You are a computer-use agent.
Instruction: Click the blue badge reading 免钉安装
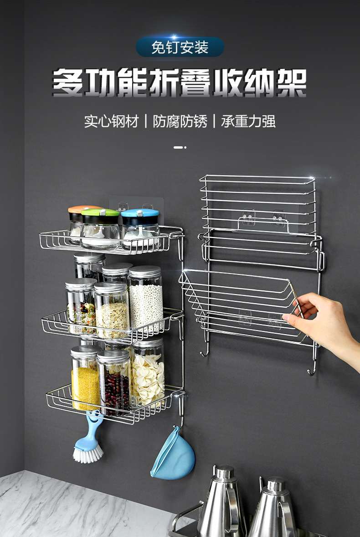click(x=180, y=47)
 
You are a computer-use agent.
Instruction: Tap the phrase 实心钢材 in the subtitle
click(x=111, y=121)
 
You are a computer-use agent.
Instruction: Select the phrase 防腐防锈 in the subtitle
click(x=180, y=121)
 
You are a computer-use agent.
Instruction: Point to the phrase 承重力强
click(x=248, y=121)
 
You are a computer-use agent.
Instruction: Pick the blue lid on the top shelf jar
click(x=140, y=213)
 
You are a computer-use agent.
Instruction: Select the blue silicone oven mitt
click(x=173, y=456)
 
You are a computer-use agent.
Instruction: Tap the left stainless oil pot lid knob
click(x=224, y=472)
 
